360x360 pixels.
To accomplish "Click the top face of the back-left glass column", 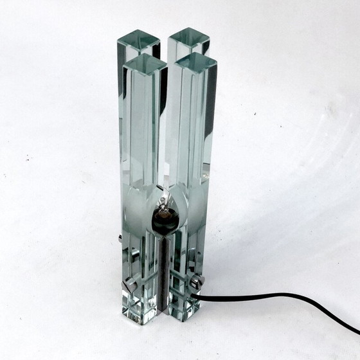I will click(138, 40).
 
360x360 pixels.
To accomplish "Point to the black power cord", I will click(270, 297).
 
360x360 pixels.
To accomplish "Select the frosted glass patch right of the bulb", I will click(190, 209).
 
